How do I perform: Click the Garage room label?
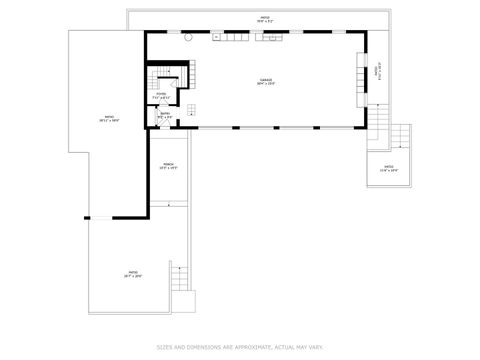(x=266, y=79)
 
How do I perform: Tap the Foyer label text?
(x=161, y=95)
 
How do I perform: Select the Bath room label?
(x=165, y=113)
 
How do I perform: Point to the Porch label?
(x=168, y=164)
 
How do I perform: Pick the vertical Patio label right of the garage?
(x=377, y=72)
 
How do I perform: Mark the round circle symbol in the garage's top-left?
(x=186, y=37)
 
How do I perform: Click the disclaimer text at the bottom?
(x=240, y=347)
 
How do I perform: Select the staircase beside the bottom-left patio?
(x=180, y=277)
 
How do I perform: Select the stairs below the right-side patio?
(x=382, y=118)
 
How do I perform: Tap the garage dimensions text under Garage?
(x=266, y=84)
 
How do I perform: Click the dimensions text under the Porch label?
(x=168, y=169)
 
